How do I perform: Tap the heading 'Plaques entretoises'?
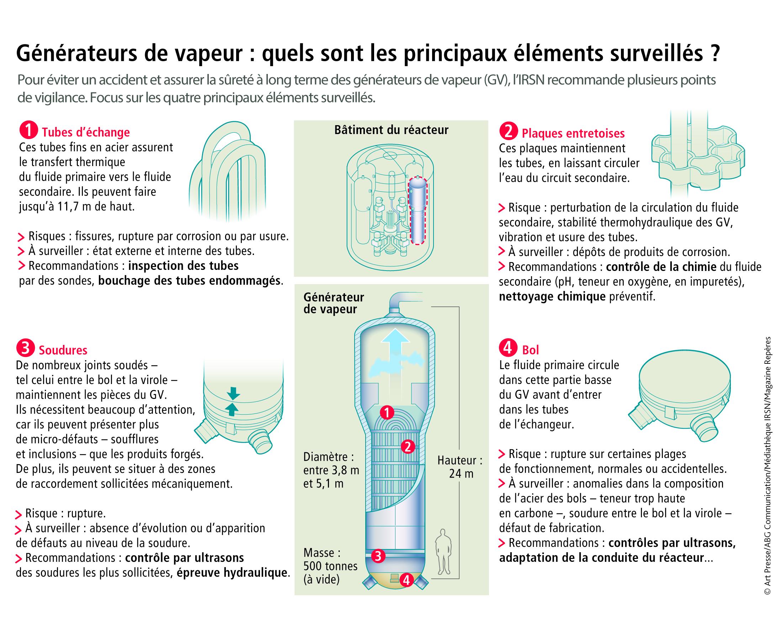tap(573, 134)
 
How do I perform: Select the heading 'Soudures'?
tap(63, 350)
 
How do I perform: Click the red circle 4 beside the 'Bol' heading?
tap(507, 348)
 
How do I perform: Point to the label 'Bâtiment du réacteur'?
tap(391, 130)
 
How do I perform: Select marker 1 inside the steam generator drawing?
tap(386, 413)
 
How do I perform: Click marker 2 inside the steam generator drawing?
tap(408, 446)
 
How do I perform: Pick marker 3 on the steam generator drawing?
tap(378, 556)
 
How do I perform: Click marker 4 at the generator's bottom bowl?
tap(406, 580)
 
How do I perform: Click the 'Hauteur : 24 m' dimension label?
tap(460, 467)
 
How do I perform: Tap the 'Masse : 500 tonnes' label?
tap(330, 566)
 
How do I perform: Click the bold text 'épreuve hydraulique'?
tap(232, 572)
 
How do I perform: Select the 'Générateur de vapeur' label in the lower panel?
tap(333, 303)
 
